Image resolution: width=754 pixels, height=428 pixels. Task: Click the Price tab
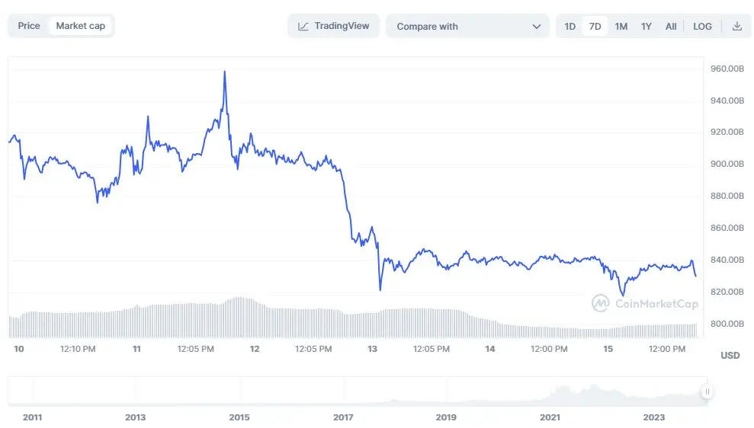(x=29, y=26)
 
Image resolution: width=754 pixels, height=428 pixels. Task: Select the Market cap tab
(x=80, y=26)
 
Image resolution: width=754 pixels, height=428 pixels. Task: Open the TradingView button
(x=333, y=26)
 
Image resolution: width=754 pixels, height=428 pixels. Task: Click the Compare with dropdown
(x=467, y=27)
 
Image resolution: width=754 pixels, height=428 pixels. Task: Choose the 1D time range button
(x=570, y=27)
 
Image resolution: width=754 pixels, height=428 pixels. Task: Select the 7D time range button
(x=595, y=27)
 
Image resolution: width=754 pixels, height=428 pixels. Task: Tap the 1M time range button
(x=621, y=27)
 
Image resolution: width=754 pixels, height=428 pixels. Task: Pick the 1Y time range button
(x=646, y=27)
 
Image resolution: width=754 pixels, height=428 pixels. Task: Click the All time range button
(x=670, y=27)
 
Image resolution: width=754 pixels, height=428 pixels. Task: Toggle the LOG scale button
(x=702, y=27)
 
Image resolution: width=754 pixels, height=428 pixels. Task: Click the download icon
(x=736, y=27)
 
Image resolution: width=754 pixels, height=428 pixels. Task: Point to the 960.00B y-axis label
(x=727, y=69)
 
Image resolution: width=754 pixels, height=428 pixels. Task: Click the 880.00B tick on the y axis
(x=727, y=196)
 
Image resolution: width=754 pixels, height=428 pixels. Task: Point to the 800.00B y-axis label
(x=727, y=324)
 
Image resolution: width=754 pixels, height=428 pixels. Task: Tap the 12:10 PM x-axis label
(x=78, y=349)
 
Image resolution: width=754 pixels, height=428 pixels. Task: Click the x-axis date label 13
(x=372, y=349)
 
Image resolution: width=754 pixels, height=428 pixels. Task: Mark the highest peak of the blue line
(x=224, y=72)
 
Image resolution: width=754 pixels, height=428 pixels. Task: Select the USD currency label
(x=730, y=356)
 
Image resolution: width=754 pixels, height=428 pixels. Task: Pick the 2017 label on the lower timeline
(x=343, y=417)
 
